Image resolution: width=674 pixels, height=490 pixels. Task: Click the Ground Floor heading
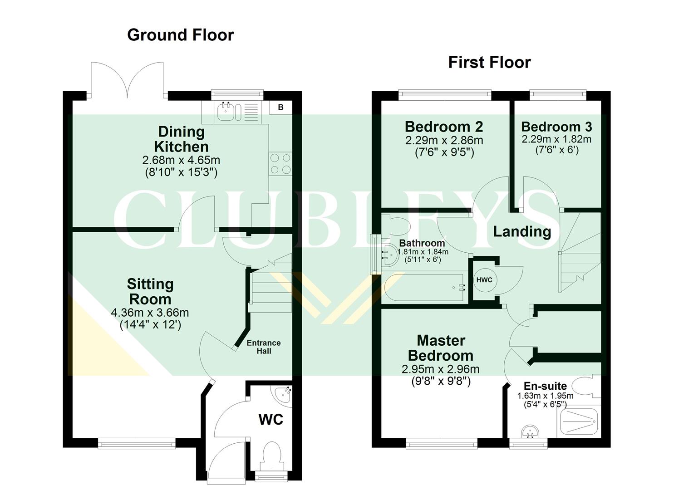coord(180,35)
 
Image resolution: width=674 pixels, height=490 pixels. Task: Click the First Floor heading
coord(489,62)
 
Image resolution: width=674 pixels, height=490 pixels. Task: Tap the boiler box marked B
coord(280,107)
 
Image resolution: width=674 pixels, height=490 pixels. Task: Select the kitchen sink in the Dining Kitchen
coord(226,111)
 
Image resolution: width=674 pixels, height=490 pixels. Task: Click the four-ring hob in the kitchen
coord(280,164)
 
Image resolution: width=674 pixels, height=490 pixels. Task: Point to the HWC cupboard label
coord(484,280)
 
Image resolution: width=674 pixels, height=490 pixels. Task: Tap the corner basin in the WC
coord(283,392)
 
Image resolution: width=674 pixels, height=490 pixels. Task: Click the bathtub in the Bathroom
coord(425,288)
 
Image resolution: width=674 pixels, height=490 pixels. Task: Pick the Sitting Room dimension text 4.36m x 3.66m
coord(150,313)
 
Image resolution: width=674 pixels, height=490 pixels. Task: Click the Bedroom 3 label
coord(556,127)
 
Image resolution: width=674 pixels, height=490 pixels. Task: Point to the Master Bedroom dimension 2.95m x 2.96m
coord(440,369)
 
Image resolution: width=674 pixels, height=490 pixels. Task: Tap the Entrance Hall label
coord(264,347)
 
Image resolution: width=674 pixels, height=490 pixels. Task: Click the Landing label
coord(522,231)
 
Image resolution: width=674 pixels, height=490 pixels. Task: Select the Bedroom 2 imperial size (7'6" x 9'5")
coord(444,152)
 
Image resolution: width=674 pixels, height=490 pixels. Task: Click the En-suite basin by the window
coord(529,432)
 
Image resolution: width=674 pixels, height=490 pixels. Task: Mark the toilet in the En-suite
coord(585,387)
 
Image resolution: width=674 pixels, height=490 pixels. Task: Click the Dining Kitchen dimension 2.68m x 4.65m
coord(181,160)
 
